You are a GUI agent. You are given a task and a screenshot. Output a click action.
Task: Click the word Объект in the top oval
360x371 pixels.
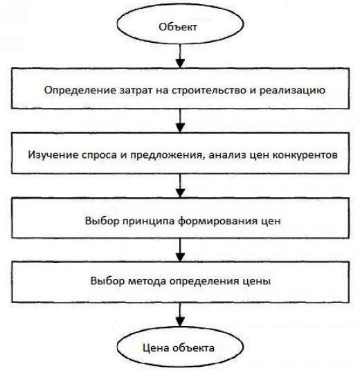178,27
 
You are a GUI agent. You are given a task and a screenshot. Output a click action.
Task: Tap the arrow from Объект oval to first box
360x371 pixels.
180,56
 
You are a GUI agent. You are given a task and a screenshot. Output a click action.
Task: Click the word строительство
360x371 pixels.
209,91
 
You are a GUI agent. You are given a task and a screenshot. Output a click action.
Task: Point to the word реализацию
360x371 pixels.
292,91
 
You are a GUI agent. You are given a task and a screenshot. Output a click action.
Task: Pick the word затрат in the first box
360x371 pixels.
136,91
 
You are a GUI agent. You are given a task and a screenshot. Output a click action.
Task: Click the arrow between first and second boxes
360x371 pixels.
181,120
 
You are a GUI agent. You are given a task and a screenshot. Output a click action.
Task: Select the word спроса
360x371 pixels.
99,156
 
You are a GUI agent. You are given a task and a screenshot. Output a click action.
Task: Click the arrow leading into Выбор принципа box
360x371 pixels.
181,185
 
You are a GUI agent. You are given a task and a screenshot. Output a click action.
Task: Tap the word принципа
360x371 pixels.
149,221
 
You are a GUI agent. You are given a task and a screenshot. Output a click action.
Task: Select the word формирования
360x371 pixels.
218,221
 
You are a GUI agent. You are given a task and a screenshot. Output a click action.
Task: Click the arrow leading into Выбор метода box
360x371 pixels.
181,250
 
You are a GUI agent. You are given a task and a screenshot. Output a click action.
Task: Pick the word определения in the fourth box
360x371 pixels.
205,282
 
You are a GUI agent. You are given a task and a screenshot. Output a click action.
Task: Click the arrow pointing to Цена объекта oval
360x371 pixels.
181,315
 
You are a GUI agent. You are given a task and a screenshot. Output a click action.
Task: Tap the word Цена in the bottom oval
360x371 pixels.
156,348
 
